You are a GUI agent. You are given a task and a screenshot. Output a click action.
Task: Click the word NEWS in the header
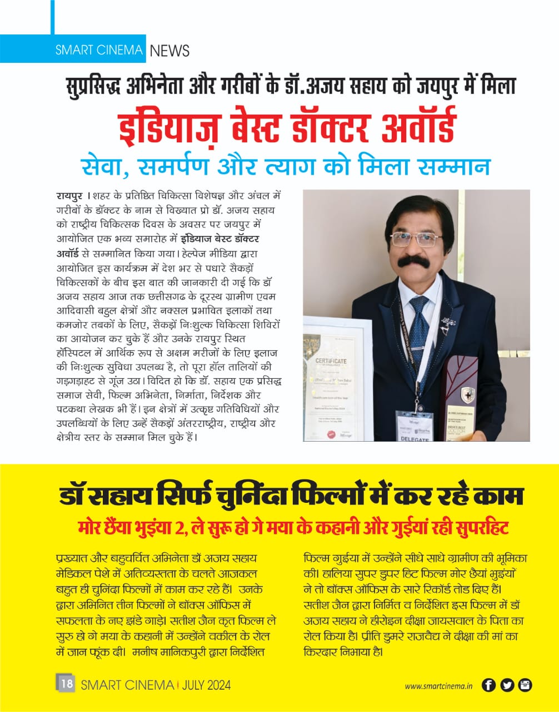click(x=169, y=51)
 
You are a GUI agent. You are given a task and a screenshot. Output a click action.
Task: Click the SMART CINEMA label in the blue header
click(x=99, y=50)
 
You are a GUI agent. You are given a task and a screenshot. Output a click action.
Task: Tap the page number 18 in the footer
click(x=66, y=684)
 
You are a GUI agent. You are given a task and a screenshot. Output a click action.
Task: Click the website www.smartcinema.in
click(x=438, y=686)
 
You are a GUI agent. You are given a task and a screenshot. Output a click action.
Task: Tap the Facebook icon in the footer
click(x=488, y=685)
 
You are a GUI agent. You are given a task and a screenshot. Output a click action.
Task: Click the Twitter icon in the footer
click(x=507, y=685)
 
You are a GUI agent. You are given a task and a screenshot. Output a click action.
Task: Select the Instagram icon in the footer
click(x=525, y=685)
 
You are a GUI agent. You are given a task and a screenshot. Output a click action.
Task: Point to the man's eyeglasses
click(x=415, y=239)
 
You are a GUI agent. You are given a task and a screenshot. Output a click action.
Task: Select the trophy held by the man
click(x=460, y=398)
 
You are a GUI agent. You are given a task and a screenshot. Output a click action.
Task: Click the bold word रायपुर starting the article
click(x=69, y=196)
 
